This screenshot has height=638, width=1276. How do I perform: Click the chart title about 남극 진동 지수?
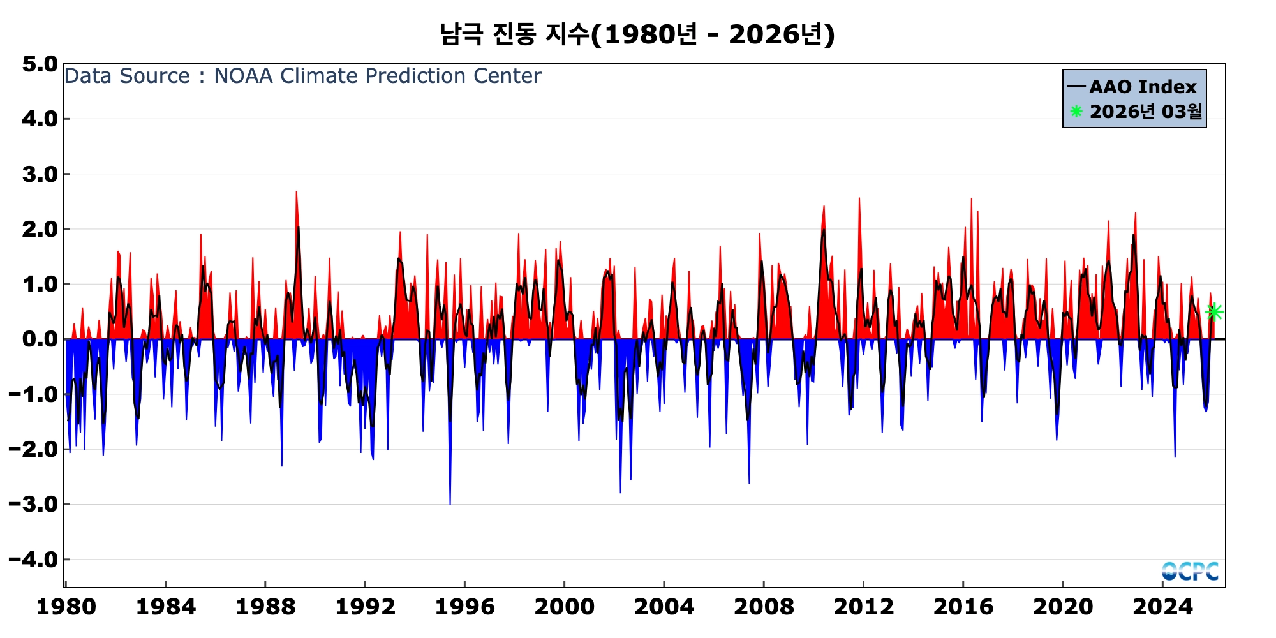coord(637,34)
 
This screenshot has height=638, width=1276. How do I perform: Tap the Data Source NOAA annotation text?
coord(302,76)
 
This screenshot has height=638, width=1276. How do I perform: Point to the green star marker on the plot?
coord(1214,311)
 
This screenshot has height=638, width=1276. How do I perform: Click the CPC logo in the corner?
coord(1190,571)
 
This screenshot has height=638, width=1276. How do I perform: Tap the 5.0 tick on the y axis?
coord(40,64)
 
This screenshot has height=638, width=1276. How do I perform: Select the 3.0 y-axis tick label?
coord(40,174)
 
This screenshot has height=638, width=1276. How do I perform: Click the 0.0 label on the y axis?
coord(40,339)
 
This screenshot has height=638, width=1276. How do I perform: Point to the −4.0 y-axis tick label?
coord(33,560)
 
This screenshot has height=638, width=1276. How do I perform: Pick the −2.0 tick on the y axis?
coord(33,450)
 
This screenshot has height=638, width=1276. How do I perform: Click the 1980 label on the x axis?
coord(66,607)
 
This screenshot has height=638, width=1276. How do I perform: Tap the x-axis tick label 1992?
coord(365,607)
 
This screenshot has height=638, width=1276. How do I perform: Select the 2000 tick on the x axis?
coord(565,607)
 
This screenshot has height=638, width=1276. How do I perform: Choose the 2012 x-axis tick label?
coord(863,607)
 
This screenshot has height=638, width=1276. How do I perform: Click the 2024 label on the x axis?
coord(1162,607)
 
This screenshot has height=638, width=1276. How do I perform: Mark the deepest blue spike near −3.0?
coord(450,503)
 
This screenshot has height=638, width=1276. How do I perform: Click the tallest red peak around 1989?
coord(296,192)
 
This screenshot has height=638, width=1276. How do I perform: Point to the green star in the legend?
coord(1076,112)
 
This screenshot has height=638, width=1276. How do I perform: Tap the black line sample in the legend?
coord(1076,87)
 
